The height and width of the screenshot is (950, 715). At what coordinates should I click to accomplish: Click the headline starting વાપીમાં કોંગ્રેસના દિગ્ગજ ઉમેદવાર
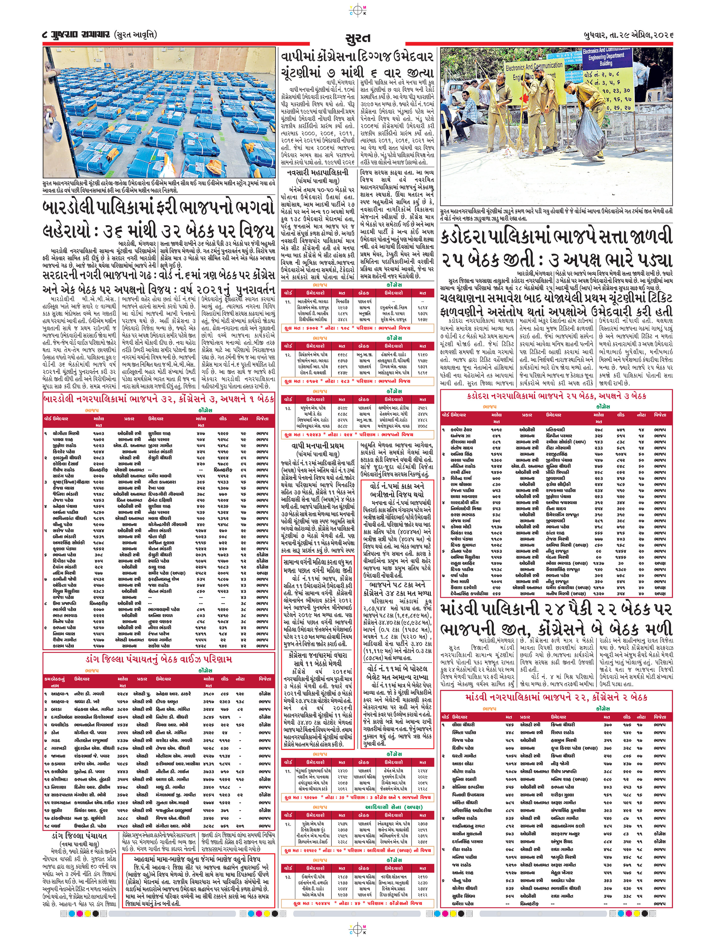[x=357, y=64]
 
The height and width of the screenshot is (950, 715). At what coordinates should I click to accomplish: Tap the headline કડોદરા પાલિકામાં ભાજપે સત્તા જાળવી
[x=556, y=237]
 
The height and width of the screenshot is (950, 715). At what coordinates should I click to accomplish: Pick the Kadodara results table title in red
[x=556, y=396]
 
